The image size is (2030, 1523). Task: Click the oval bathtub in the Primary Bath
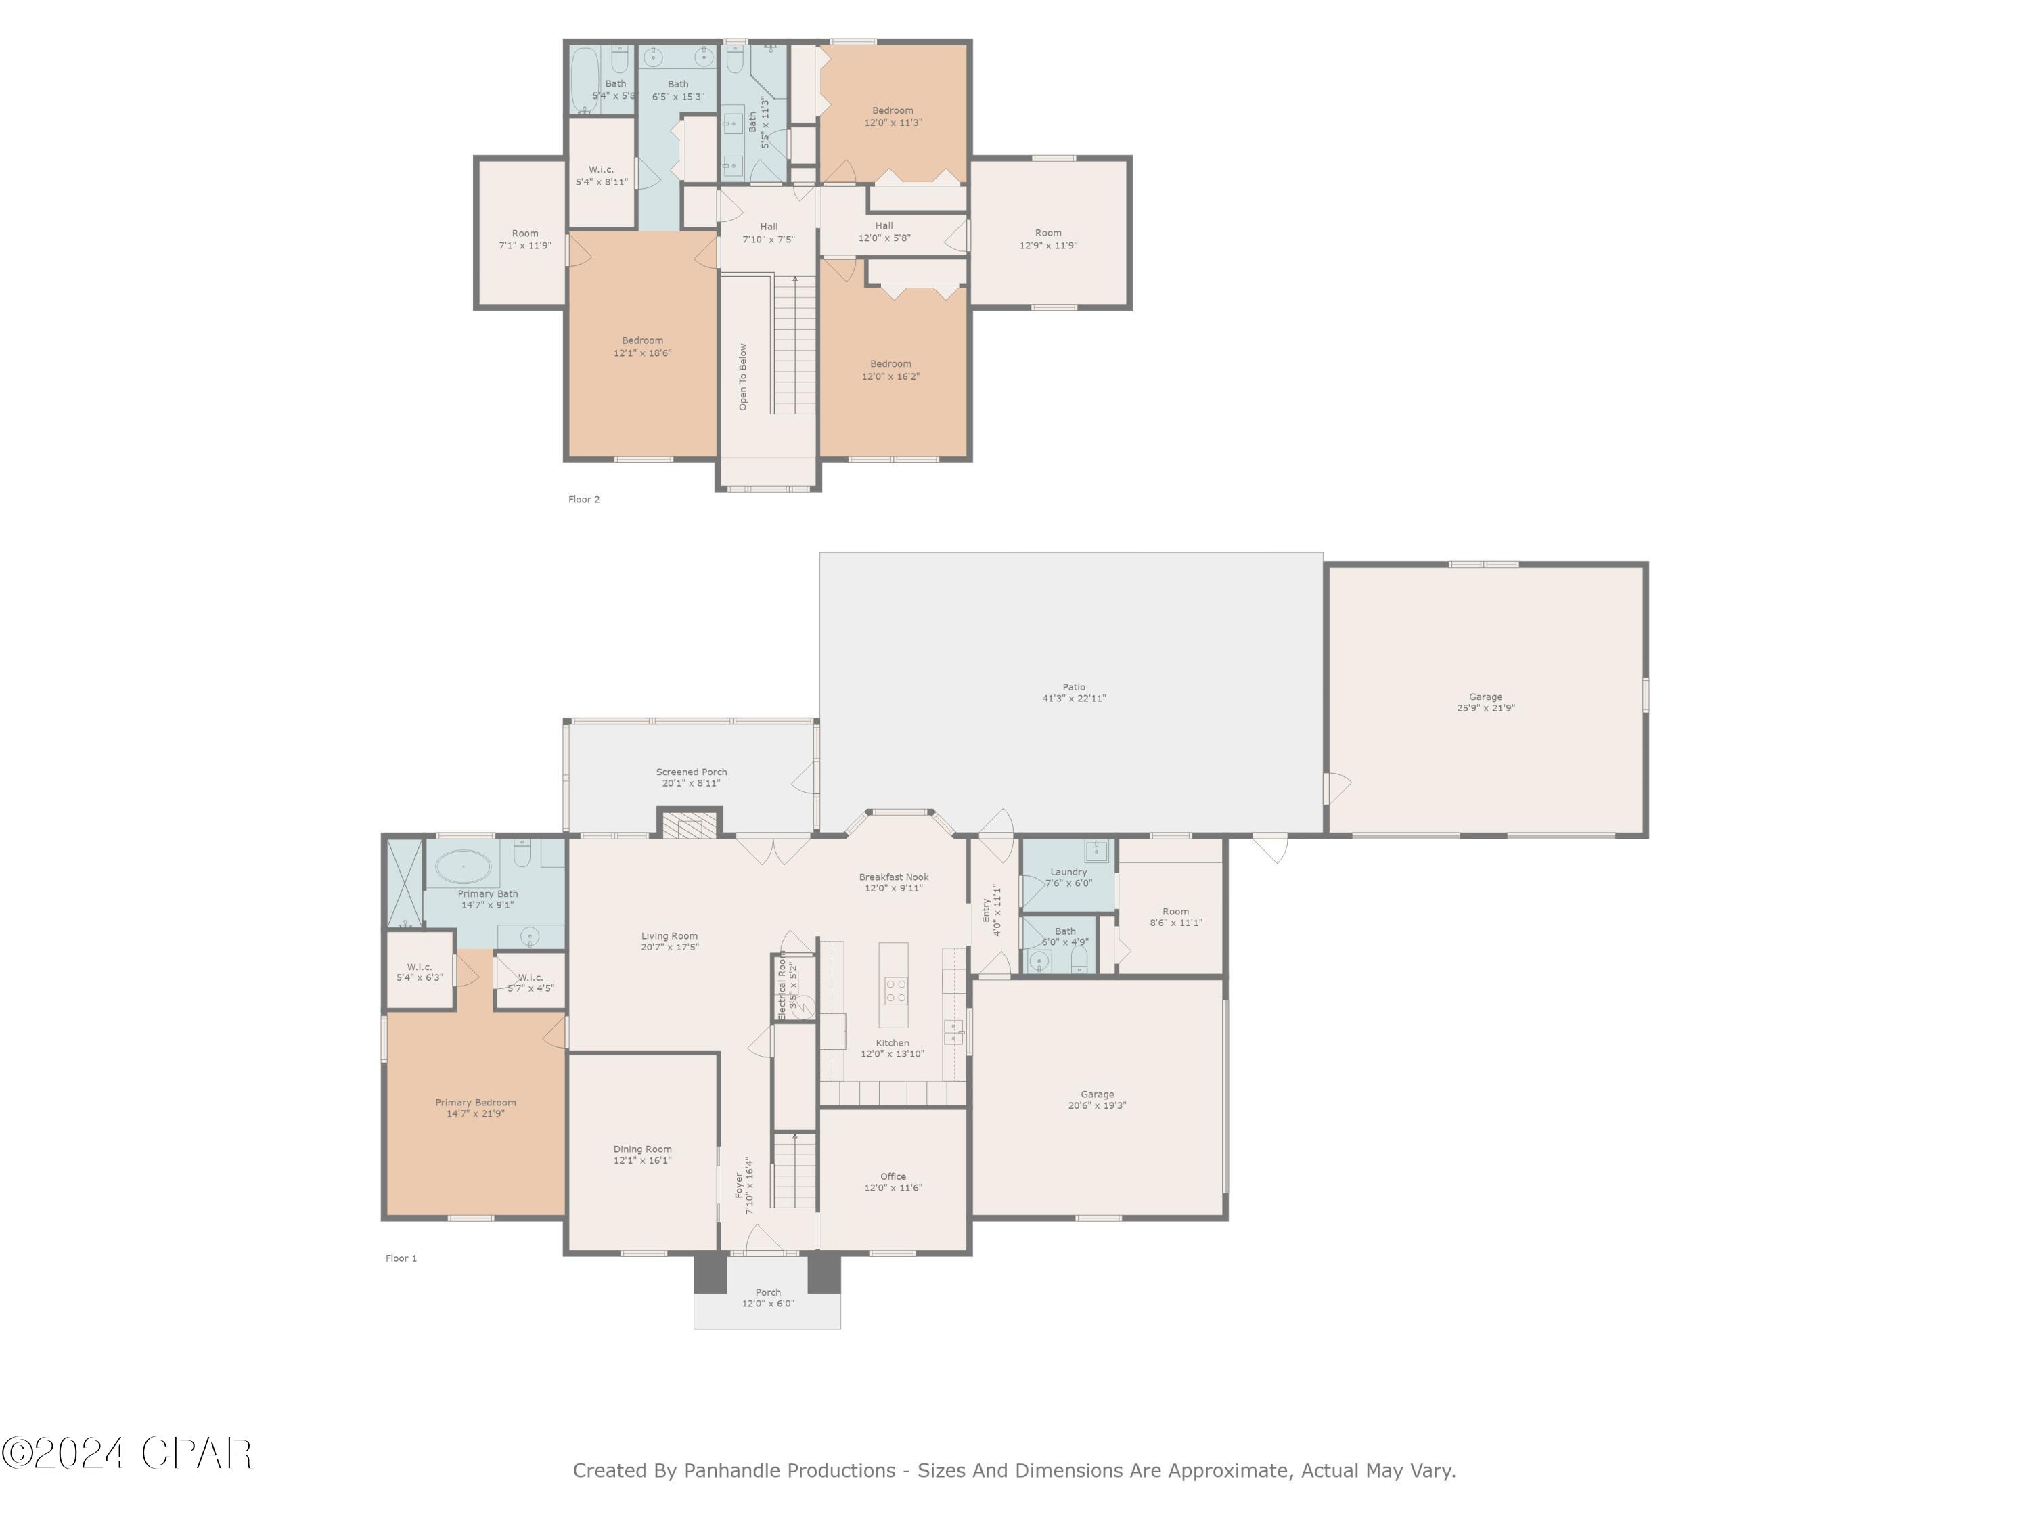click(464, 866)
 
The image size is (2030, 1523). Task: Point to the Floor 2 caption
click(584, 500)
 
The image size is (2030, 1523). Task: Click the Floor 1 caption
click(401, 1258)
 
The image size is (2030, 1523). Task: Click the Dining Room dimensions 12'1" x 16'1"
click(642, 1160)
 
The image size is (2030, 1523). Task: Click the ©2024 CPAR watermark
click(127, 1453)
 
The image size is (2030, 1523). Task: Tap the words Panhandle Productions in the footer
click(789, 1471)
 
